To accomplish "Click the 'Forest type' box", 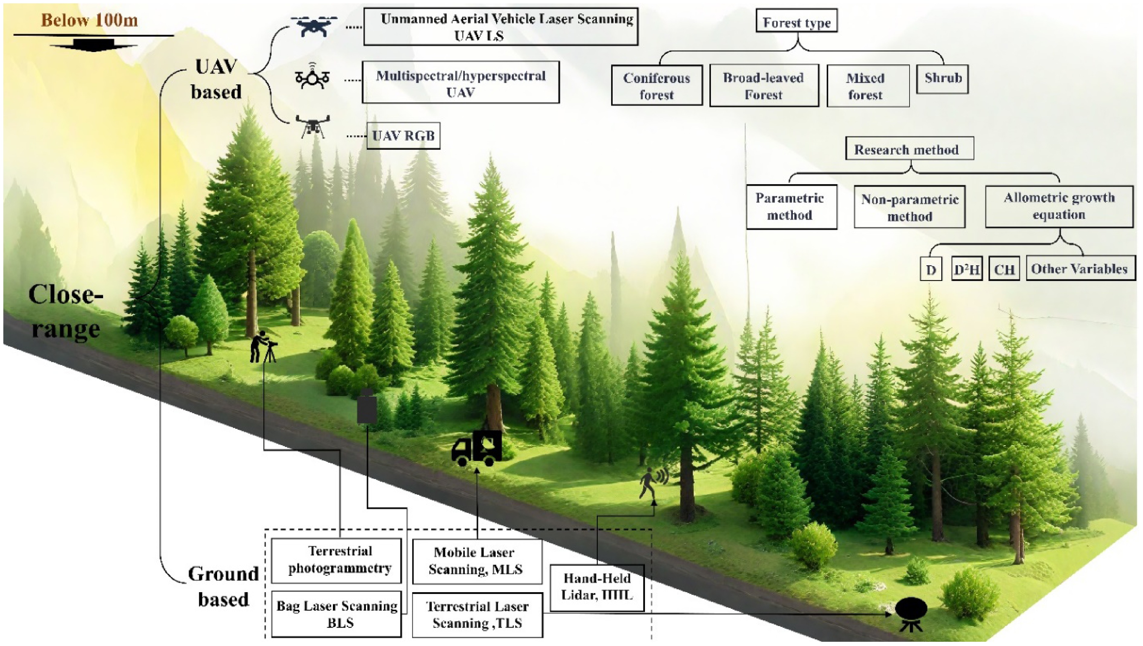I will click(x=796, y=21).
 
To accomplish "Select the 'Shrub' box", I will click(x=943, y=79).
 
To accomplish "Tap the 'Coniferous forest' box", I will click(x=657, y=85).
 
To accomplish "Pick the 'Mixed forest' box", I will click(x=868, y=86).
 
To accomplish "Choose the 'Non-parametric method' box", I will click(x=910, y=207).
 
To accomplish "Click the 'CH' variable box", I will click(x=1004, y=269).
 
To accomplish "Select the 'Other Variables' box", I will click(x=1080, y=269).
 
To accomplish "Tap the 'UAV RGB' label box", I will click(x=403, y=135).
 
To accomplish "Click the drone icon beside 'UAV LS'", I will click(x=314, y=26).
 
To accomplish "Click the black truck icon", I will click(x=477, y=448).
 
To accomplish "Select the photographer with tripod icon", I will click(x=263, y=347).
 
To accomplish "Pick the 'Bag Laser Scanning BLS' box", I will click(x=336, y=614).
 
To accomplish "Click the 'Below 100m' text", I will click(x=89, y=20).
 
